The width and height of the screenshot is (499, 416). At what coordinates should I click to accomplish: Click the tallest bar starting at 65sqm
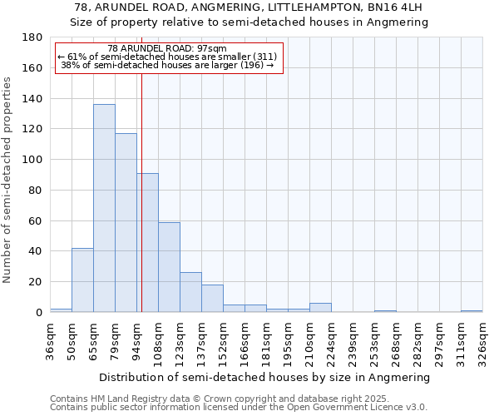coord(104,208)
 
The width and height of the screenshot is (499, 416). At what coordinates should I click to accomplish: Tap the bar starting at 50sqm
coord(82,280)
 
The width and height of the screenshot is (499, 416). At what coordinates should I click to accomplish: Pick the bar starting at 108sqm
coord(169,267)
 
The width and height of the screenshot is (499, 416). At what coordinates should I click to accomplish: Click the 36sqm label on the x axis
coord(50,336)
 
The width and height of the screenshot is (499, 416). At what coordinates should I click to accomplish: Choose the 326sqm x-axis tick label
coord(482,336)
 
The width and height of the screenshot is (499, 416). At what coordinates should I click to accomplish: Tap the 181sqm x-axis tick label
coord(266,336)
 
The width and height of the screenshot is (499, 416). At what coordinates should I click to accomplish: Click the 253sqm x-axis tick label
coord(374,336)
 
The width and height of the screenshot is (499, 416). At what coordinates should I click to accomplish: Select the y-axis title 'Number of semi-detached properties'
coord(8,180)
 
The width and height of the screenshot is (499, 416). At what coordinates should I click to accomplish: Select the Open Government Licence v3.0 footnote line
coord(239,407)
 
